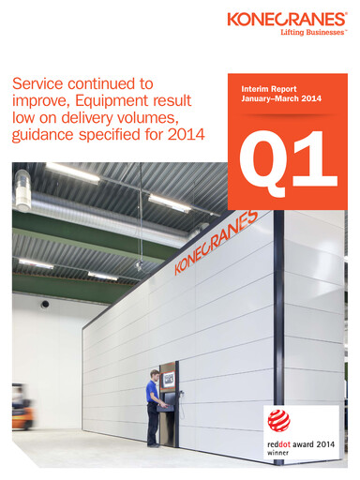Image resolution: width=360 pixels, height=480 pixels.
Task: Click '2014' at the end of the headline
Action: pyautogui.click(x=194, y=137)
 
